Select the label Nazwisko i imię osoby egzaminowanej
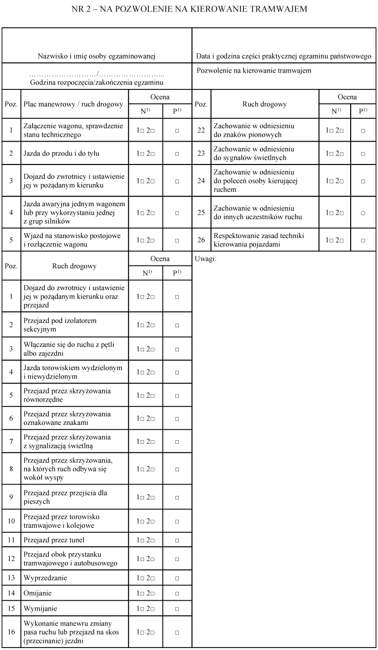(97, 57)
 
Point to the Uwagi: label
(206, 259)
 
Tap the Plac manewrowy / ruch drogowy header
(74, 104)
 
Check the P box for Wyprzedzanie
(177, 578)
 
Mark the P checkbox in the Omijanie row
(177, 593)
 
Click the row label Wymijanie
(38, 608)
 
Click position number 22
(201, 130)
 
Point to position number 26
(201, 240)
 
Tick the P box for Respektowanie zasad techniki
(363, 240)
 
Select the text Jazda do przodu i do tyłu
(62, 154)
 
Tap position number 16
(11, 632)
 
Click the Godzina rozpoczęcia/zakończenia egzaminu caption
(97, 82)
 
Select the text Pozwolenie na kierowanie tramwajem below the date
(254, 71)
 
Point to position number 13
(11, 578)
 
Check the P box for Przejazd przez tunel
(177, 540)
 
